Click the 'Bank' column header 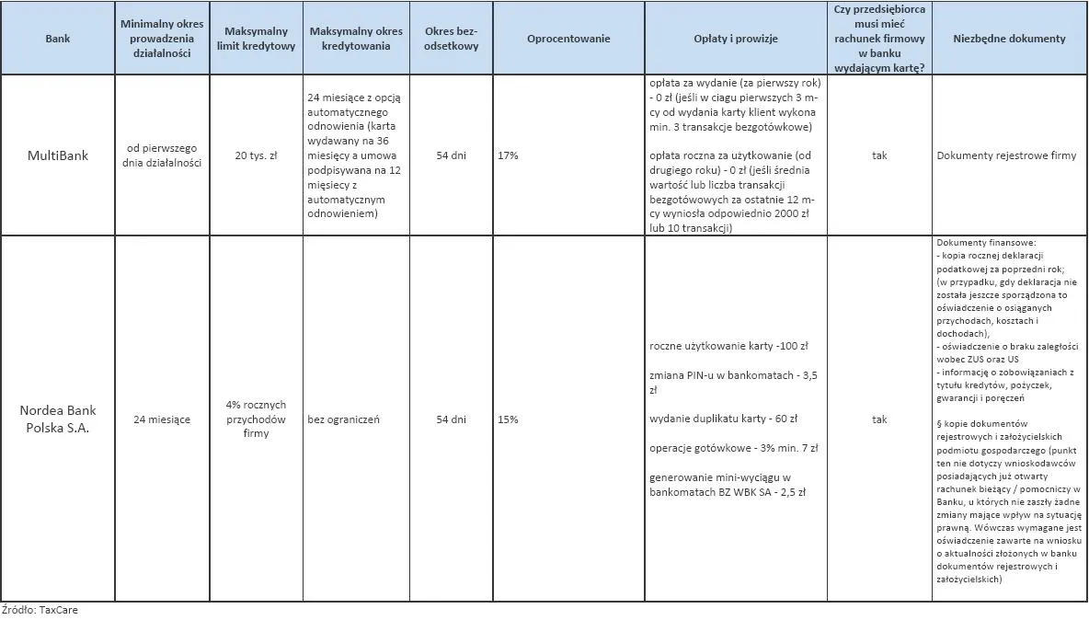click(57, 39)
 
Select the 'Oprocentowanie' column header click(568, 39)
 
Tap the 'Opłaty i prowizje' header click(735, 39)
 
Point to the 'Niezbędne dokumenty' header click(1010, 39)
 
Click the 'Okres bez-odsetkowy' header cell click(451, 39)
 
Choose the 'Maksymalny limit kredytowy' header click(257, 39)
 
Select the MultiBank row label click(57, 155)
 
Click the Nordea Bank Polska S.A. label click(57, 419)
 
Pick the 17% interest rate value click(508, 155)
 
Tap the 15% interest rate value click(508, 419)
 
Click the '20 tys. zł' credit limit click(257, 155)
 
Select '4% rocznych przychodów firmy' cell click(257, 419)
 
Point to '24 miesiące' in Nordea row click(162, 419)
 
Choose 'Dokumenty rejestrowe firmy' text click(1006, 155)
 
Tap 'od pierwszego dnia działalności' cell click(162, 155)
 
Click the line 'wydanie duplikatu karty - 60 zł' click(723, 419)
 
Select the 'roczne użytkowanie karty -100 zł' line click(728, 347)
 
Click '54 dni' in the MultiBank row click(451, 155)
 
